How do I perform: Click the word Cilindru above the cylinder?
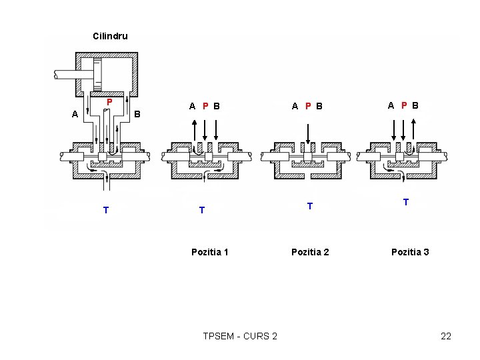coord(110,36)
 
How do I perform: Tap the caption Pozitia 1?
coord(210,252)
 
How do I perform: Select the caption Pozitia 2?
coord(310,252)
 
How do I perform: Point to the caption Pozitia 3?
coord(410,252)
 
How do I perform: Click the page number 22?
coord(446,336)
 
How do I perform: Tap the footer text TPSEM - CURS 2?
coord(240,336)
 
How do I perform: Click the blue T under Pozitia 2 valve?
coord(310,206)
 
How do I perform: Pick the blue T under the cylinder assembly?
coord(106,210)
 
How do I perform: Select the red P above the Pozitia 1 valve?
coord(205,106)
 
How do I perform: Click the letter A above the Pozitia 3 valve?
coord(391,105)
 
